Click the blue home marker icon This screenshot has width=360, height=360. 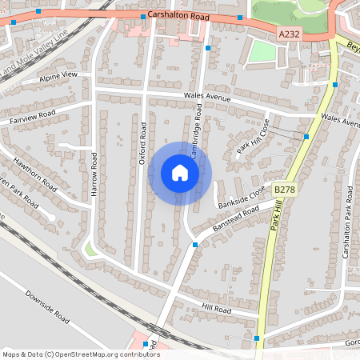coord(180,173)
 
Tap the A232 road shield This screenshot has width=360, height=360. coord(289,34)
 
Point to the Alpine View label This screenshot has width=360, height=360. coord(59,76)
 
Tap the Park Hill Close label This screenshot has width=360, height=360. coord(253,137)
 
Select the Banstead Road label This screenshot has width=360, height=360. coord(239,217)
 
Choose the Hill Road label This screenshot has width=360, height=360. coord(216,309)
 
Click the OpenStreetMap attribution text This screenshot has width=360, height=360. coord(81,354)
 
